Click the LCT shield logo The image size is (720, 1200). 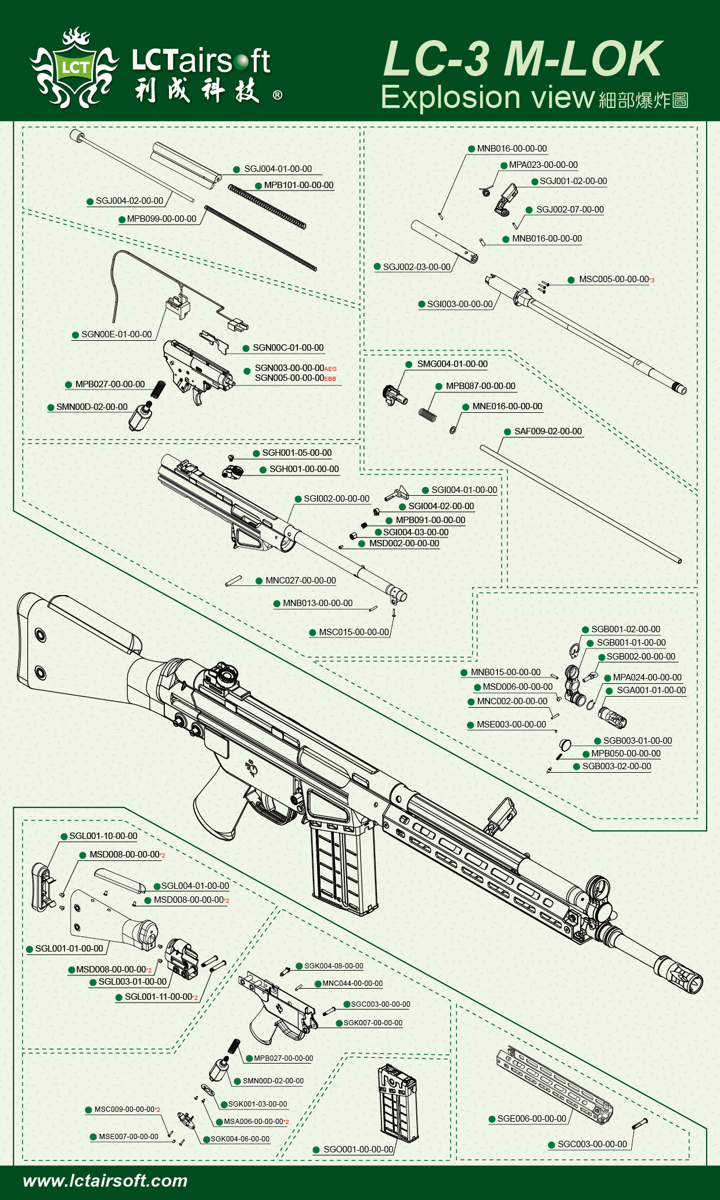click(x=75, y=67)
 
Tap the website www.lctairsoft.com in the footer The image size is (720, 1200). click(x=105, y=1180)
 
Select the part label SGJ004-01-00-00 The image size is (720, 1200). click(x=278, y=169)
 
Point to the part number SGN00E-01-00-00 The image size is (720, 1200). click(x=116, y=334)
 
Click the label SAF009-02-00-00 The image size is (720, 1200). click(x=548, y=431)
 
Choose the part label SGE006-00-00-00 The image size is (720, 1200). click(x=531, y=1119)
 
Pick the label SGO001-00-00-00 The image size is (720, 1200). click(x=358, y=1149)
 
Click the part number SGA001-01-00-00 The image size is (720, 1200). click(x=651, y=690)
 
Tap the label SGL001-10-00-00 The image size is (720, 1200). click(x=103, y=836)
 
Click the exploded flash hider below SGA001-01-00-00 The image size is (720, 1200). click(x=613, y=718)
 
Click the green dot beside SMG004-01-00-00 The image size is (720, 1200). click(x=409, y=365)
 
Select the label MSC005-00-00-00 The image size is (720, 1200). click(x=614, y=279)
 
